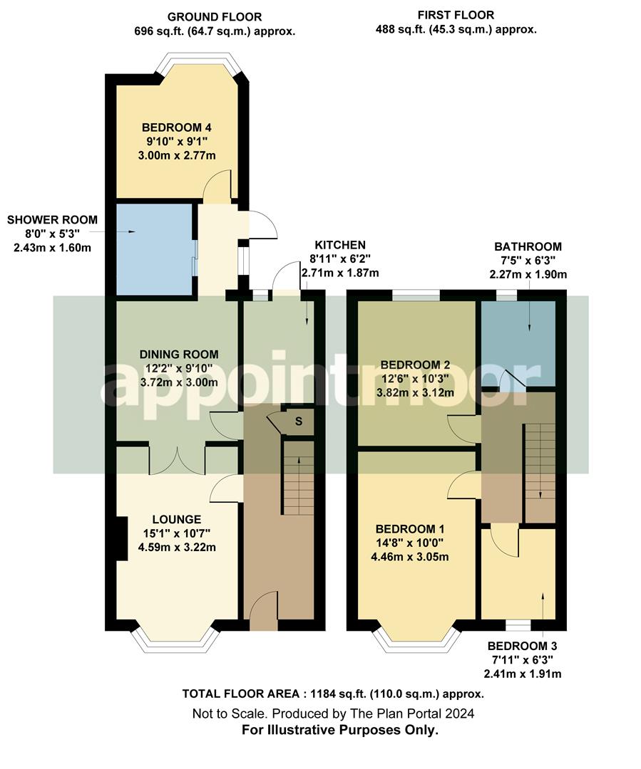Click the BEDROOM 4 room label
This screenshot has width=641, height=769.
click(x=168, y=127)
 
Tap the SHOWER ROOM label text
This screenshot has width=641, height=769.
click(x=52, y=219)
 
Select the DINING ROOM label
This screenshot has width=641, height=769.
click(x=179, y=354)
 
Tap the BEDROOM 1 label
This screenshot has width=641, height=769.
click(x=410, y=529)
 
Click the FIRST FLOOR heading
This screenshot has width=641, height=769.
click(x=456, y=15)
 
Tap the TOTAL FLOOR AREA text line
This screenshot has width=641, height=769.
click(x=334, y=694)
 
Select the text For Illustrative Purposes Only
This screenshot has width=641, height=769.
click(x=340, y=730)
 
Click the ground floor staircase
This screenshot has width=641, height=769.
click(x=299, y=476)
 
